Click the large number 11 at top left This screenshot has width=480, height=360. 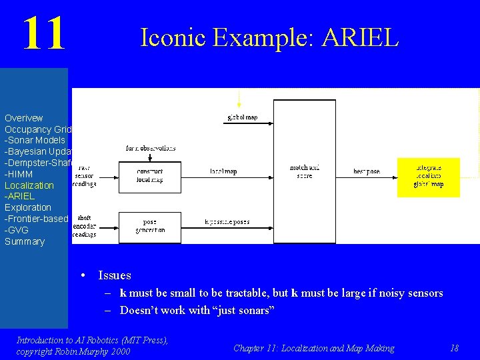[x=44, y=34]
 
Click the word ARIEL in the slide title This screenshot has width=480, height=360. [x=359, y=38]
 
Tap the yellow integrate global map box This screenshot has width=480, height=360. [x=429, y=177]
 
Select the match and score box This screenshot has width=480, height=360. [x=305, y=171]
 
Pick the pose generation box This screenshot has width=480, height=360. [x=149, y=227]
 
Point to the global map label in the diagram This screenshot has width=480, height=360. [x=243, y=118]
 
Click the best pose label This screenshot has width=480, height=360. [x=367, y=171]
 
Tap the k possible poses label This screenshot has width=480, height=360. [x=227, y=222]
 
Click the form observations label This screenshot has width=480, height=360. [x=151, y=148]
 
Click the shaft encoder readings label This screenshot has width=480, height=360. [x=84, y=226]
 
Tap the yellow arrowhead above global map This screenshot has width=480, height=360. [x=239, y=104]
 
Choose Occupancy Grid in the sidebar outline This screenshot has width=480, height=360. [x=38, y=129]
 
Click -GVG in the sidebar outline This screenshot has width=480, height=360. [x=17, y=230]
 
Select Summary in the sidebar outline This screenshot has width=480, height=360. [x=25, y=241]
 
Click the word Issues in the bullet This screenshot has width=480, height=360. [x=114, y=275]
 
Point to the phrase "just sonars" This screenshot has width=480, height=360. [x=243, y=310]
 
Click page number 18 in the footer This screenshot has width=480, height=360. [x=454, y=348]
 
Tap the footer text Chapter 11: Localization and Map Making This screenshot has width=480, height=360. [x=313, y=348]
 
